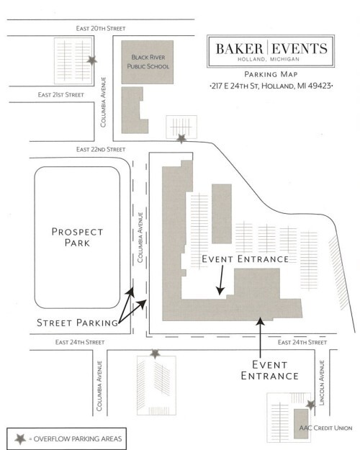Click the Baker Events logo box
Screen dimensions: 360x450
(x=271, y=51)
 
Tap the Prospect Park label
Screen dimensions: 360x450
(x=77, y=237)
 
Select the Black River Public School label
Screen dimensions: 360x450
(x=148, y=62)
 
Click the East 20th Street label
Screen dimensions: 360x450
(x=101, y=28)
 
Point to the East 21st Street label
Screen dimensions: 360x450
(x=61, y=95)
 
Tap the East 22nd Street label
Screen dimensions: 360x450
(x=101, y=149)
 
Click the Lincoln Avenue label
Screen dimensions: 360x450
(x=322, y=383)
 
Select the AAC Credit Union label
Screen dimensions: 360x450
(x=325, y=428)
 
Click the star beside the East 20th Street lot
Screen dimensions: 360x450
(x=92, y=60)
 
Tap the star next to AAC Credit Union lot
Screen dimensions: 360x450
(x=310, y=405)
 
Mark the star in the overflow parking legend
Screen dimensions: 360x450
(x=20, y=438)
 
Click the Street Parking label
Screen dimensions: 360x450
(x=78, y=323)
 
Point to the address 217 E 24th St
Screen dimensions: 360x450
(x=271, y=86)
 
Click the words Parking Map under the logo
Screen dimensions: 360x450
(x=271, y=74)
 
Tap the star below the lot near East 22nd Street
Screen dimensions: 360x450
(x=181, y=139)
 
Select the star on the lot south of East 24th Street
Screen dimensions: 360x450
(x=155, y=354)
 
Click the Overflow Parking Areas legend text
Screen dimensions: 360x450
(x=75, y=438)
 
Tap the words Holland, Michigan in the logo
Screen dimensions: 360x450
(x=269, y=59)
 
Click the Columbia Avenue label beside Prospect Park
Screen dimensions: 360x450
(x=140, y=238)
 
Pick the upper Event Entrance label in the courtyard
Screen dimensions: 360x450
(x=246, y=259)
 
